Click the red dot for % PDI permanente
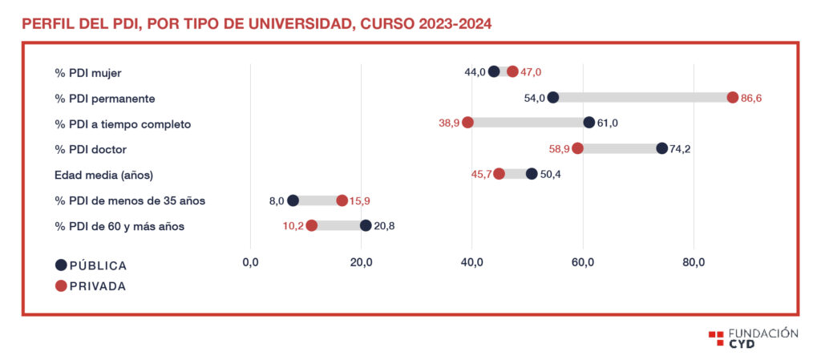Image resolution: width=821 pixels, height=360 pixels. point(732,97)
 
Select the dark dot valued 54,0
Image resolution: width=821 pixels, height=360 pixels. point(552,97)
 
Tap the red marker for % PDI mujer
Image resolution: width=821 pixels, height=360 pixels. point(512,71)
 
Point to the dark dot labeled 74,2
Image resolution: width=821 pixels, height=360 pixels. point(661,148)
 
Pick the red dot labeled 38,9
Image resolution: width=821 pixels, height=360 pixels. point(467,123)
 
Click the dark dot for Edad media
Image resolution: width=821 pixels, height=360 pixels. point(532,174)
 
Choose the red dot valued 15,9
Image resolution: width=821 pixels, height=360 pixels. point(342,200)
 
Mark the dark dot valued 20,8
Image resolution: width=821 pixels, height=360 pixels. point(366,226)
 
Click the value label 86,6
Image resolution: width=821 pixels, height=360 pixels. point(752,98)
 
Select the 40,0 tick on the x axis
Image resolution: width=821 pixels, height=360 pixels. point(472,262)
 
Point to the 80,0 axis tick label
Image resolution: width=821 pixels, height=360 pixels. point(694,262)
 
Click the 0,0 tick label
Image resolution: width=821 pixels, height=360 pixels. point(250,262)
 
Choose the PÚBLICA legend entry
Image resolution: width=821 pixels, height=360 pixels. point(91,265)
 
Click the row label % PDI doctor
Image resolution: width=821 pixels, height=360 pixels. point(91,149)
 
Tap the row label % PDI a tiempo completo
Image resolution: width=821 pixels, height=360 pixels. point(123,123)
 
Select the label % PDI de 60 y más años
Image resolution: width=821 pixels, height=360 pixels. point(119,226)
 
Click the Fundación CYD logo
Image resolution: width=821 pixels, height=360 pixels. point(753,338)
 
